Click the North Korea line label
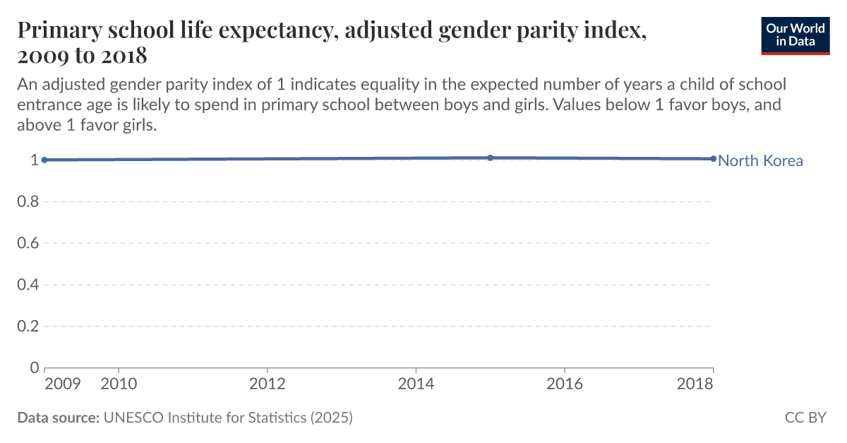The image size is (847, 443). coord(760,160)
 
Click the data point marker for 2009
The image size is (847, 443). coord(44,160)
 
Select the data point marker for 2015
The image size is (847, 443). coord(491,158)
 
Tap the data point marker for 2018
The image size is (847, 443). coord(713,159)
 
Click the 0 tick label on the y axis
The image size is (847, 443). coord(34,367)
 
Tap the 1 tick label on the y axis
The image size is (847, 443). coord(34,160)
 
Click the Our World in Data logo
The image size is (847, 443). coord(795,35)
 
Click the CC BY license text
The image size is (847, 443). coord(805,418)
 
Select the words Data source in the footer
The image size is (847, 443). coord(58,418)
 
